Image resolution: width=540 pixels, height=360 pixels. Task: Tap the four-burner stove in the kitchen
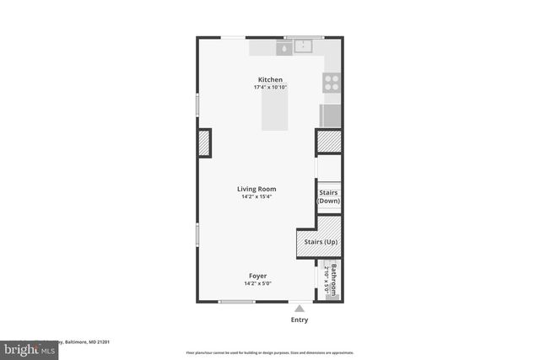[332, 82]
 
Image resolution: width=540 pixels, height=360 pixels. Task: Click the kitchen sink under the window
[303, 47]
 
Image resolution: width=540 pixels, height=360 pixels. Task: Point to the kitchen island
[275, 110]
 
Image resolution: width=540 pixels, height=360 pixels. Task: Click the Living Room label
[256, 189]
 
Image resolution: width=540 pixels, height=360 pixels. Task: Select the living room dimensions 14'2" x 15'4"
[256, 197]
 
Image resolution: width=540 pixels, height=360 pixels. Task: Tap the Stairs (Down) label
[328, 197]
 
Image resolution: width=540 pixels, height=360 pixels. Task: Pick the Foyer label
[257, 276]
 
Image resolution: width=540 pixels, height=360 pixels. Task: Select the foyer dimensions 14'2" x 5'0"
[257, 283]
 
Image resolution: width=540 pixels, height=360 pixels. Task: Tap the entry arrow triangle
[299, 309]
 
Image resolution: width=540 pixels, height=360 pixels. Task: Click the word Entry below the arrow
[300, 320]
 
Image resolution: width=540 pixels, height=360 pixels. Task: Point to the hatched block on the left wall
[203, 143]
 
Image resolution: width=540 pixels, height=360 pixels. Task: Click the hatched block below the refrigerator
[328, 142]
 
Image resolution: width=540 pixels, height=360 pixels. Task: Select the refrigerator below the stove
[331, 114]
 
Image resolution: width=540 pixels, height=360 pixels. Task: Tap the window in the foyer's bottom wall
[236, 302]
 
